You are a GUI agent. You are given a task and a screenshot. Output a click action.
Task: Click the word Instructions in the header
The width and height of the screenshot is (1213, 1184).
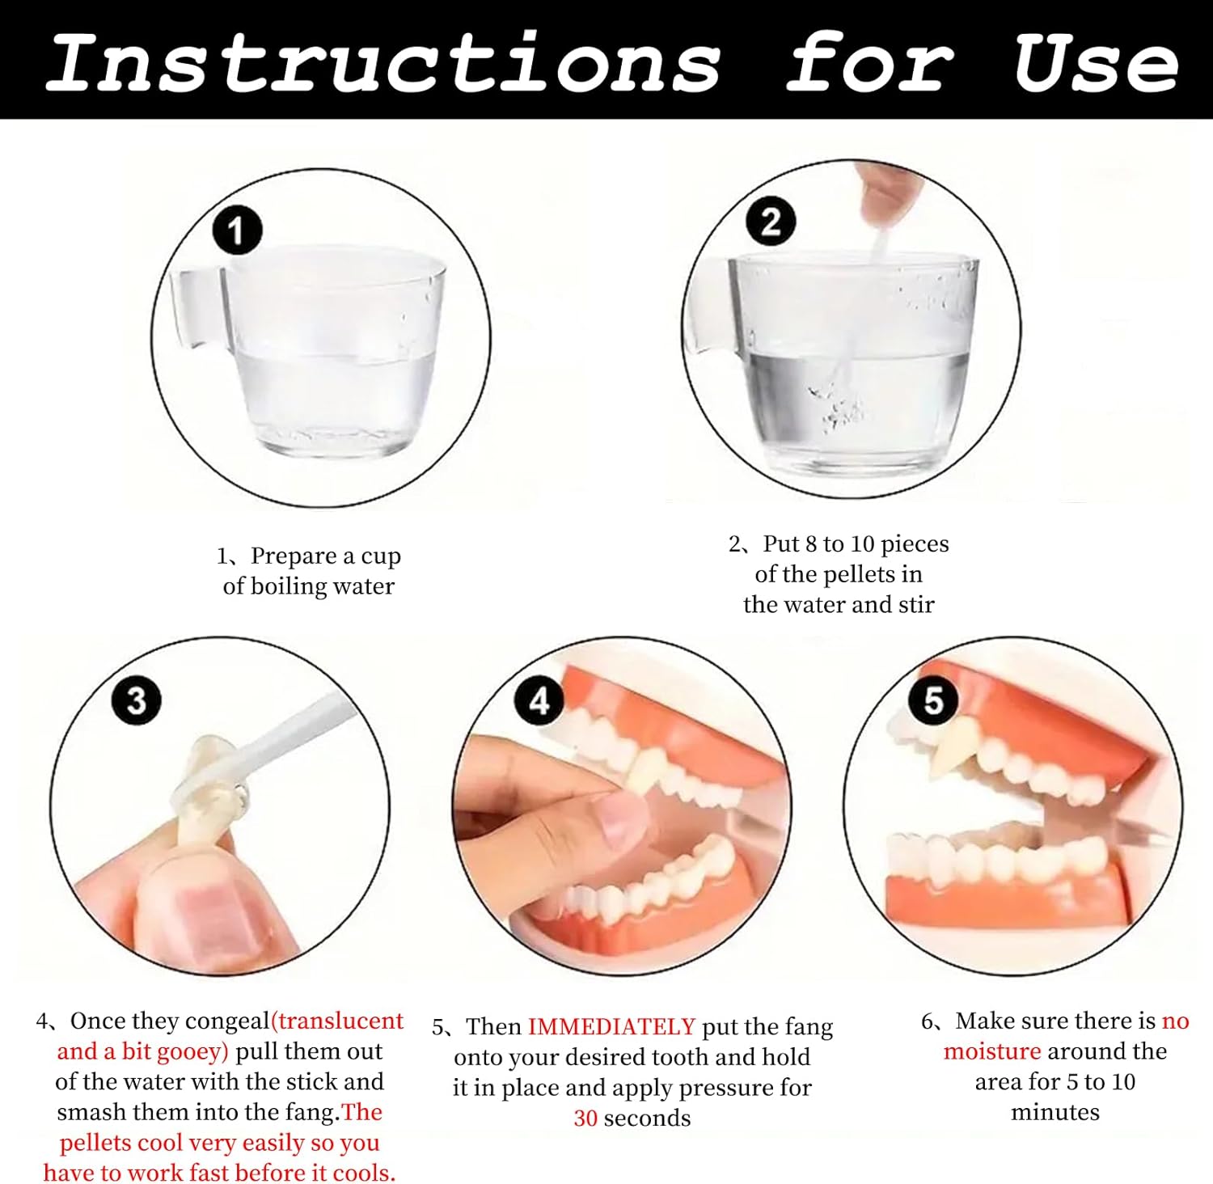[382, 62]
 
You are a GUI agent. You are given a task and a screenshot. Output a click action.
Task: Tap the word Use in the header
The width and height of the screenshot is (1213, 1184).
[1096, 62]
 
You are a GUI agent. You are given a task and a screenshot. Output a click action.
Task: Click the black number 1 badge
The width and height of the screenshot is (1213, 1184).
[237, 231]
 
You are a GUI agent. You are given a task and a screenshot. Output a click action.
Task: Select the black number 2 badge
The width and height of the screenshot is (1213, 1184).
[771, 221]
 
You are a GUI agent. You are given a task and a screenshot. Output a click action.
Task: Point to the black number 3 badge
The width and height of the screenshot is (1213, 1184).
[136, 700]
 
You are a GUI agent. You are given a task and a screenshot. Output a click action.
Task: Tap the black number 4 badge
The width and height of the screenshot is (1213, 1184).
[539, 700]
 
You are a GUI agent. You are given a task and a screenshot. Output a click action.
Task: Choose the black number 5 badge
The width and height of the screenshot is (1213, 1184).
[933, 700]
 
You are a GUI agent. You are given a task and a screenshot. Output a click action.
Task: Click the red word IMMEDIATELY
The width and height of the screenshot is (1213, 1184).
[611, 1027]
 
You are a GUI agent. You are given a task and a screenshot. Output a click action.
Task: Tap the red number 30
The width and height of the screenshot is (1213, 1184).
[585, 1118]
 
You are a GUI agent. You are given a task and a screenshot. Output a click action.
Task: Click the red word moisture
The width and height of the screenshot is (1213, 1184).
[992, 1051]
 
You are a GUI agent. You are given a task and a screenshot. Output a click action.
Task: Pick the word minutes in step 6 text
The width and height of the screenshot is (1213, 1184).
[1055, 1113]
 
